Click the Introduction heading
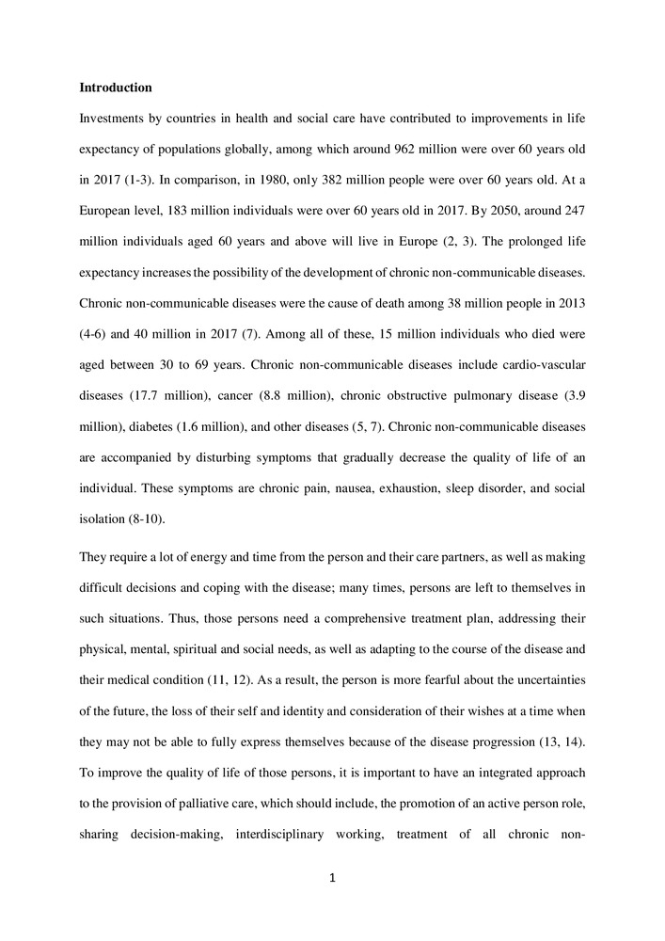[116, 88]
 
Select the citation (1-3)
[143, 177]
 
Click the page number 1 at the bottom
[332, 879]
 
